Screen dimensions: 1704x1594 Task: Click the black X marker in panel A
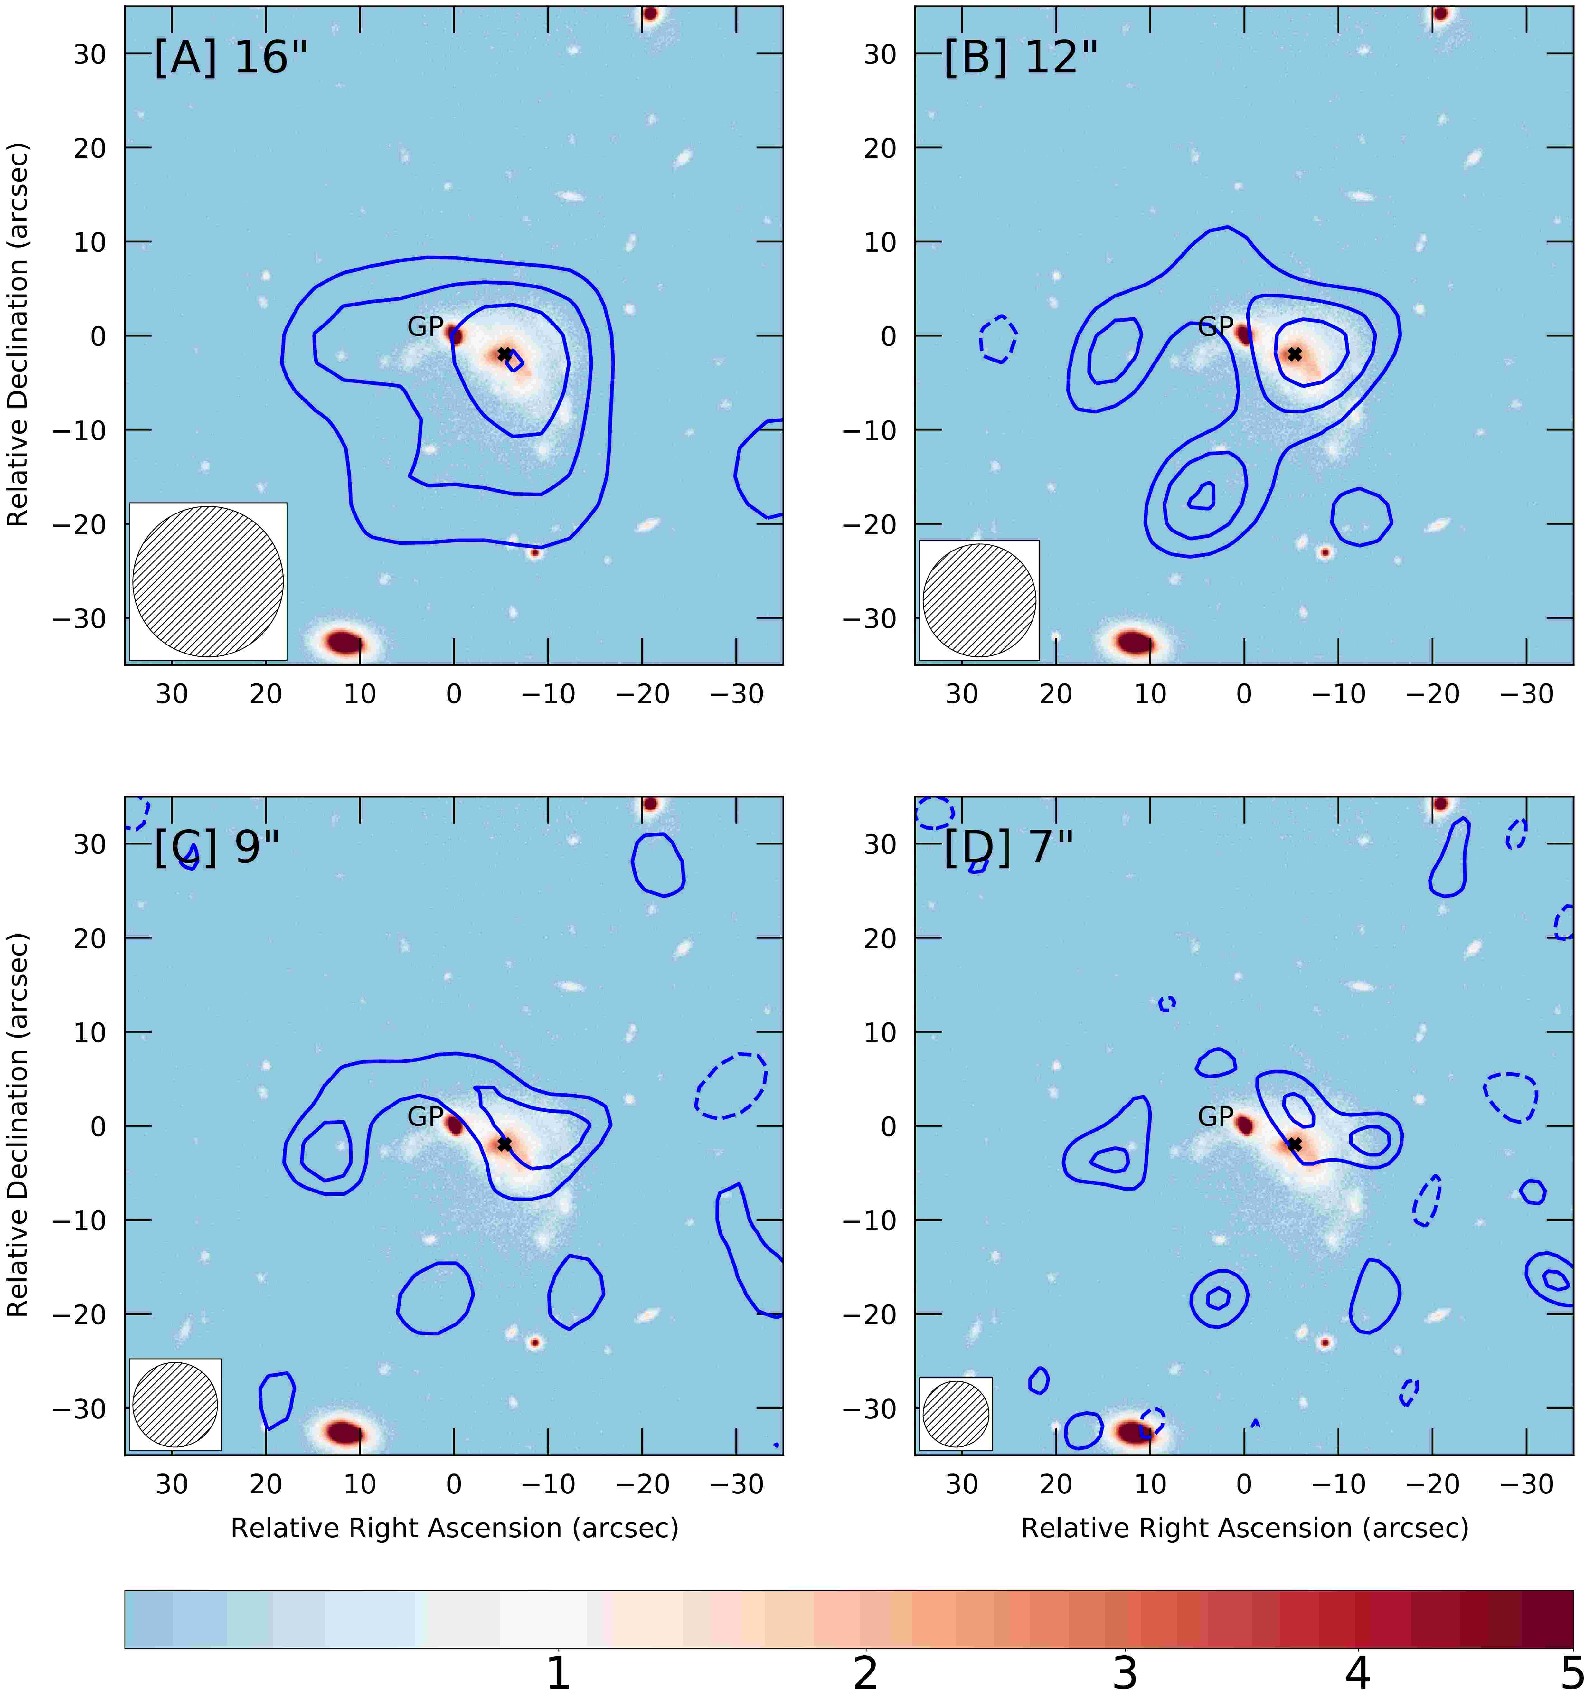click(x=505, y=354)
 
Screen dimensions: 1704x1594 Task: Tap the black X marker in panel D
click(x=1295, y=1144)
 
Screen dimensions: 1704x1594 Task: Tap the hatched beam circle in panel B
click(x=979, y=600)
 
